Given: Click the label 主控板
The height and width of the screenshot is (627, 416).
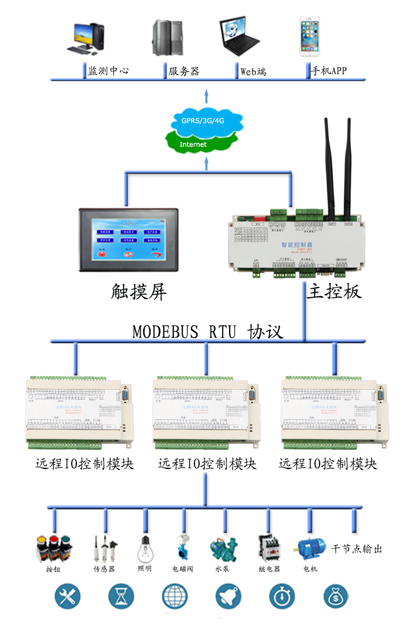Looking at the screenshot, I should pos(334,291).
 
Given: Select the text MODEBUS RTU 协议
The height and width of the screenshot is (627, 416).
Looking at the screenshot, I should pos(207,332).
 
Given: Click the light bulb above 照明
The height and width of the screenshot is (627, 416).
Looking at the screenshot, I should pos(145,549).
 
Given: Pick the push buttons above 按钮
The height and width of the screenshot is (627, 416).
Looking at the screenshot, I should pos(53,548).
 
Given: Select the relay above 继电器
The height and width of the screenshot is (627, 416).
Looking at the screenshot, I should pos(269,548).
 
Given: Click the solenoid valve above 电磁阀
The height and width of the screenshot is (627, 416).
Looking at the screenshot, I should pos(183,548).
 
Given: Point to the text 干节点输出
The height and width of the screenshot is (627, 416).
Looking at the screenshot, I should pos(356,549).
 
